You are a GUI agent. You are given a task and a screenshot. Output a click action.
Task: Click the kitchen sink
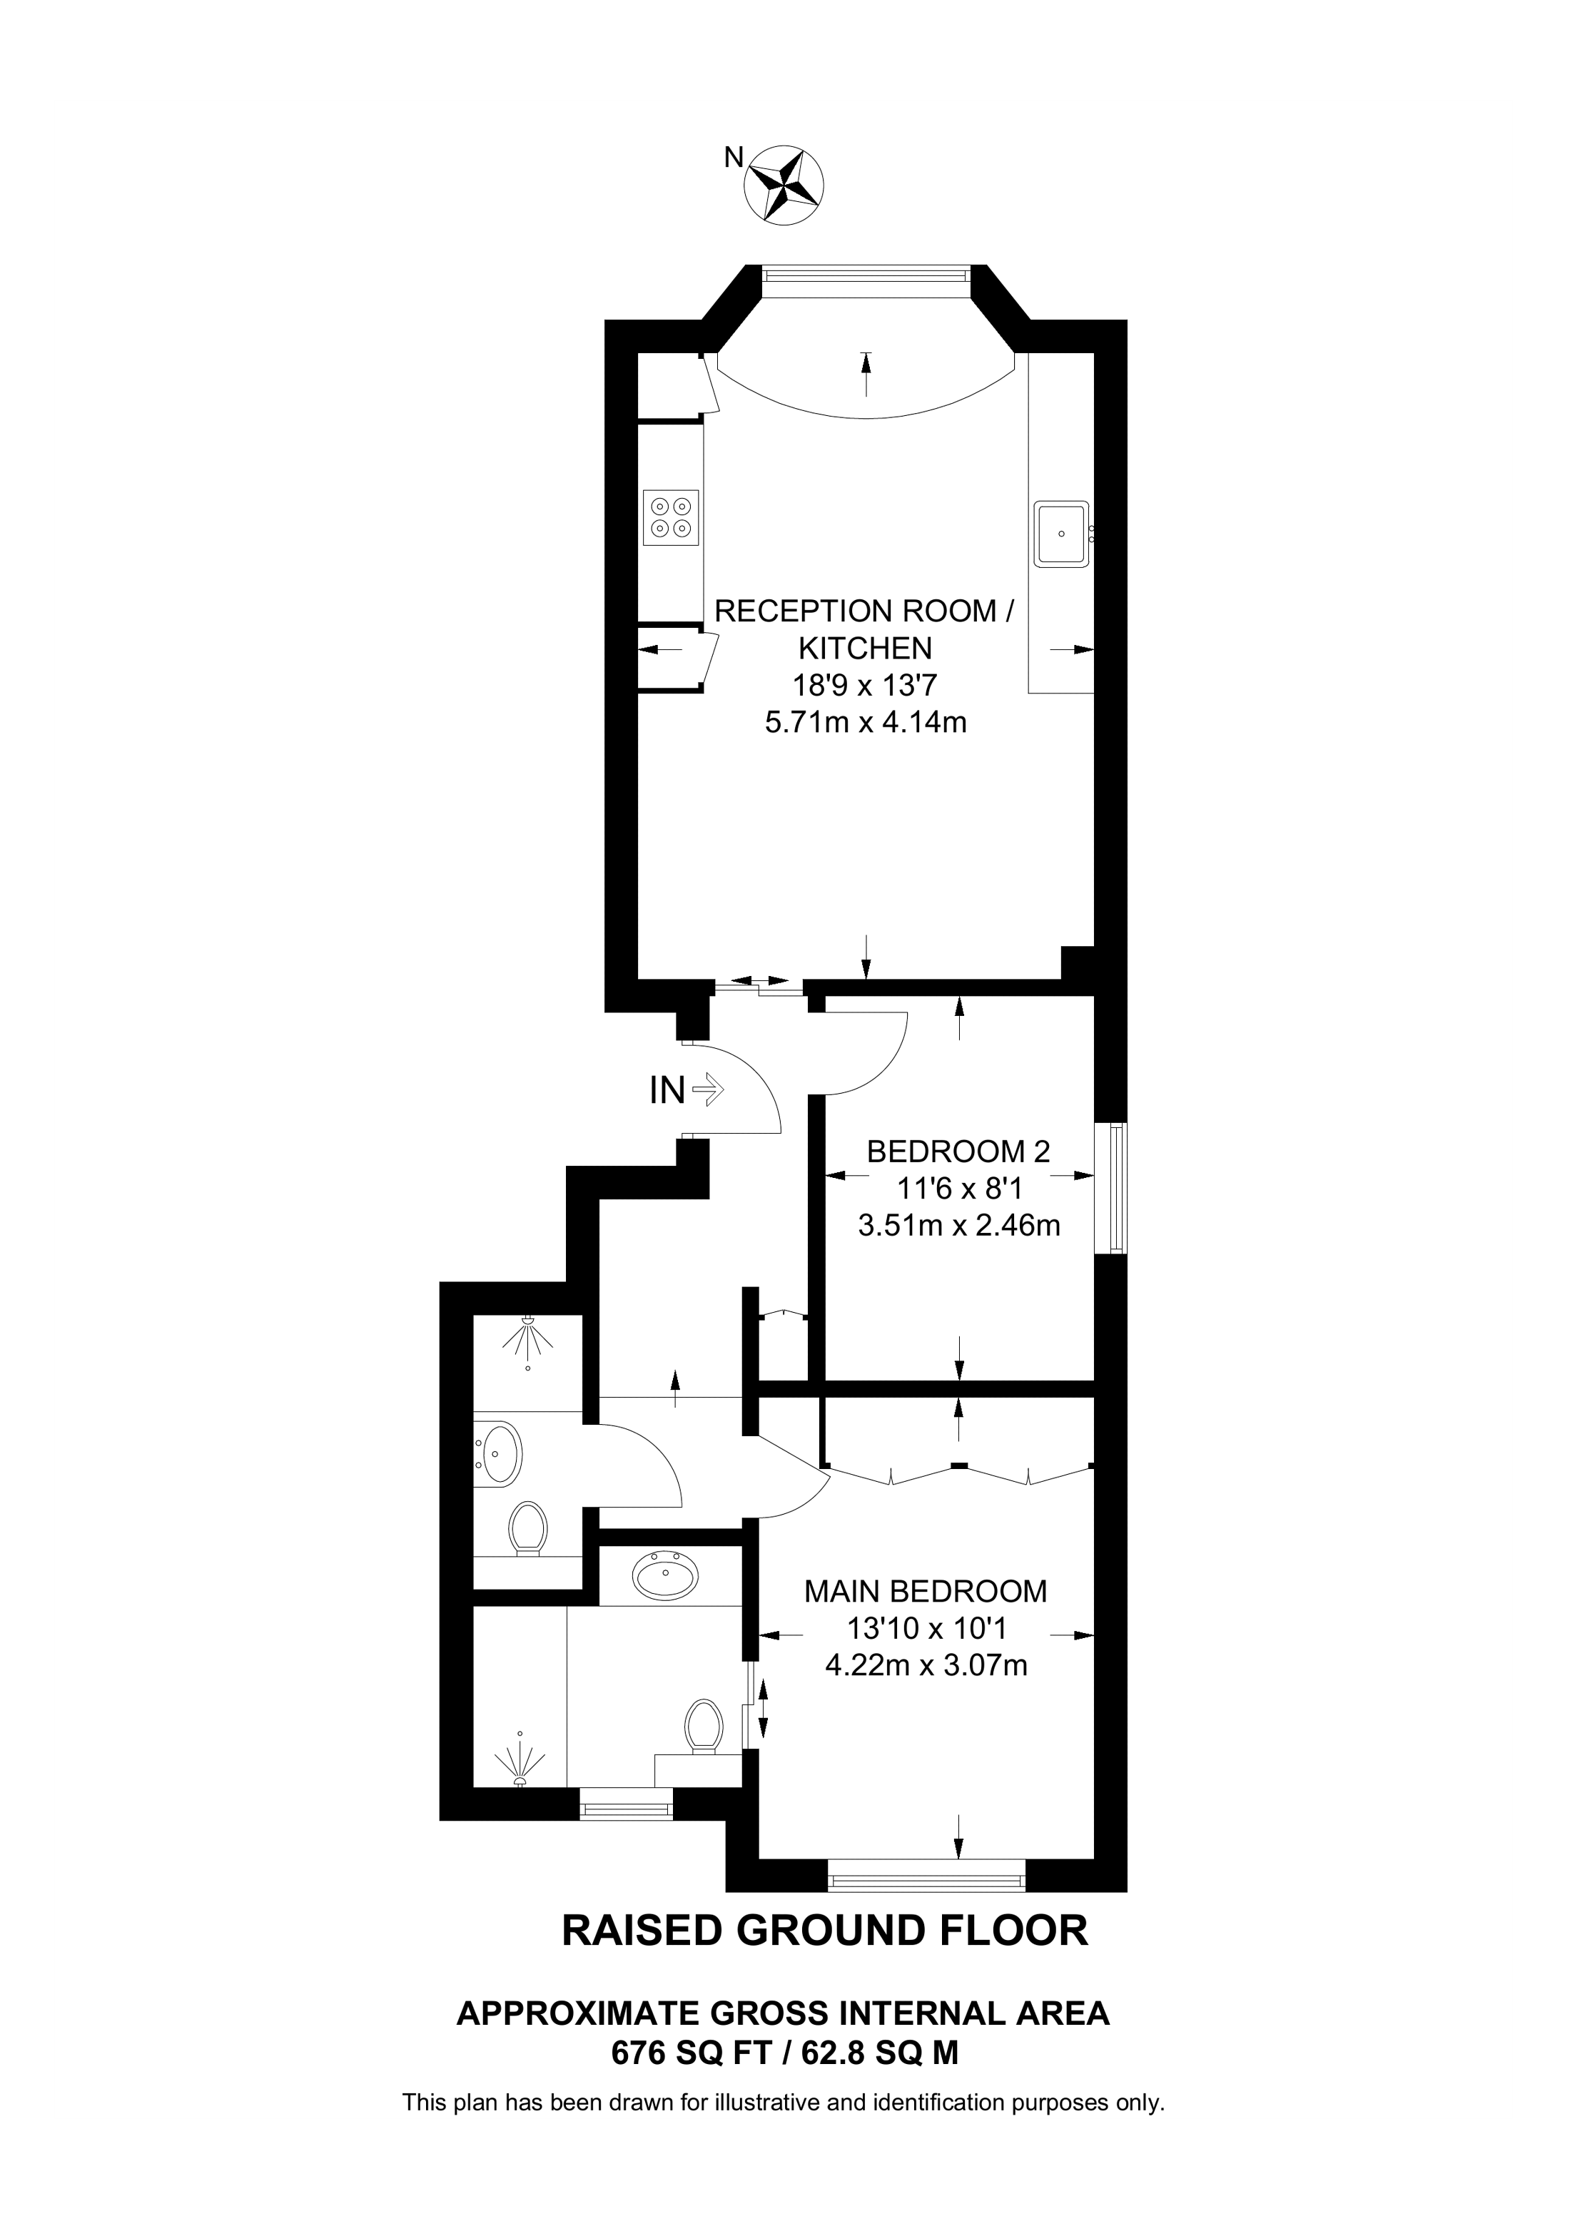point(1062,533)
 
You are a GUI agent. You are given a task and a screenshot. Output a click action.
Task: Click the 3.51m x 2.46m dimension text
point(958,1226)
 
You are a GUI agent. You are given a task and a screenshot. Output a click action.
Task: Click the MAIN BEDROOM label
point(926,1590)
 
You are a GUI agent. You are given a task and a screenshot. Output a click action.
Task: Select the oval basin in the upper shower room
point(501,1452)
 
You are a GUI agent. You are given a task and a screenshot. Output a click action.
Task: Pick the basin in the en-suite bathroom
point(664,1575)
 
